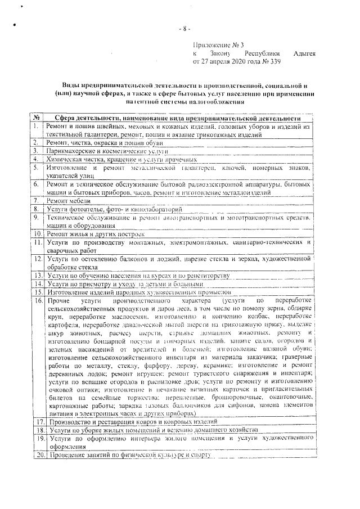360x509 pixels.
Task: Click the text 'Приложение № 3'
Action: [x=218, y=44]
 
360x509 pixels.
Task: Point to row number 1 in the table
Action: [x=35, y=127]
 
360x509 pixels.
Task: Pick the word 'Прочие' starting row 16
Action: [x=58, y=301]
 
